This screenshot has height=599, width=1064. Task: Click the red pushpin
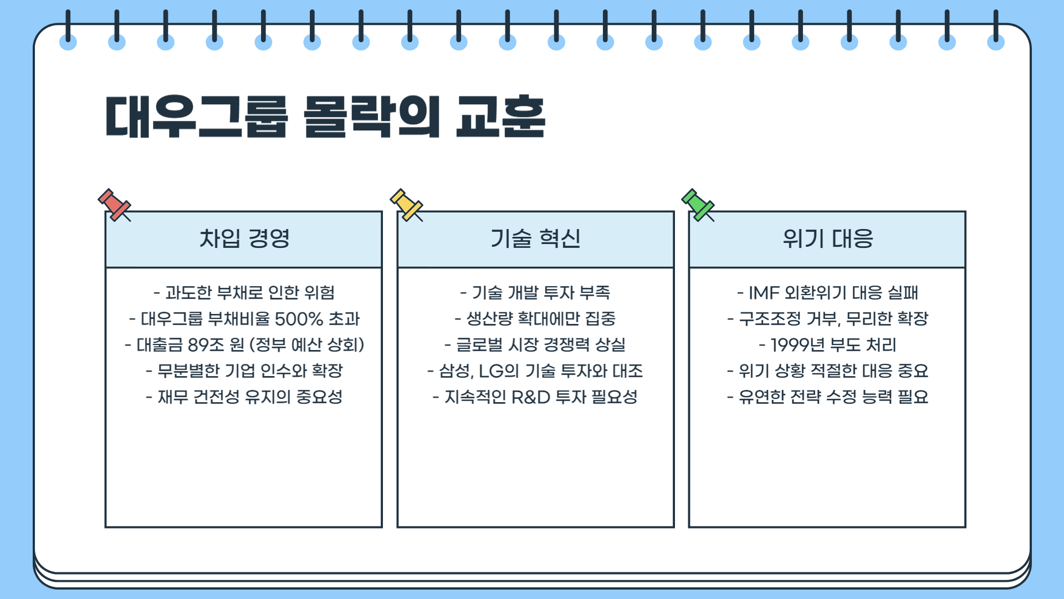114,205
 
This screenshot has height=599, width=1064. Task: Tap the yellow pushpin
406,205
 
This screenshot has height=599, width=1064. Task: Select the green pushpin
698,205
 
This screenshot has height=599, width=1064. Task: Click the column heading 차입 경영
244,239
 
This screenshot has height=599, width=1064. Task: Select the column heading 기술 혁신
535,239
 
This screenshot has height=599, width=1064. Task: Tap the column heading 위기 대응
827,239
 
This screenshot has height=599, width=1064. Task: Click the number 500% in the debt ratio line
299,319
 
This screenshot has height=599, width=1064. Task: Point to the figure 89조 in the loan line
205,345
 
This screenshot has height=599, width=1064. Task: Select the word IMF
764,293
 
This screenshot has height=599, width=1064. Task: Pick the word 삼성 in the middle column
455,371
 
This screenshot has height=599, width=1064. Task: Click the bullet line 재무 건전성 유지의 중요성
244,397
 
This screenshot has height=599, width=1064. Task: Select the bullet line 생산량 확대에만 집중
535,319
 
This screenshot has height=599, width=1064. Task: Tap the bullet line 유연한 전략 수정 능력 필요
827,397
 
